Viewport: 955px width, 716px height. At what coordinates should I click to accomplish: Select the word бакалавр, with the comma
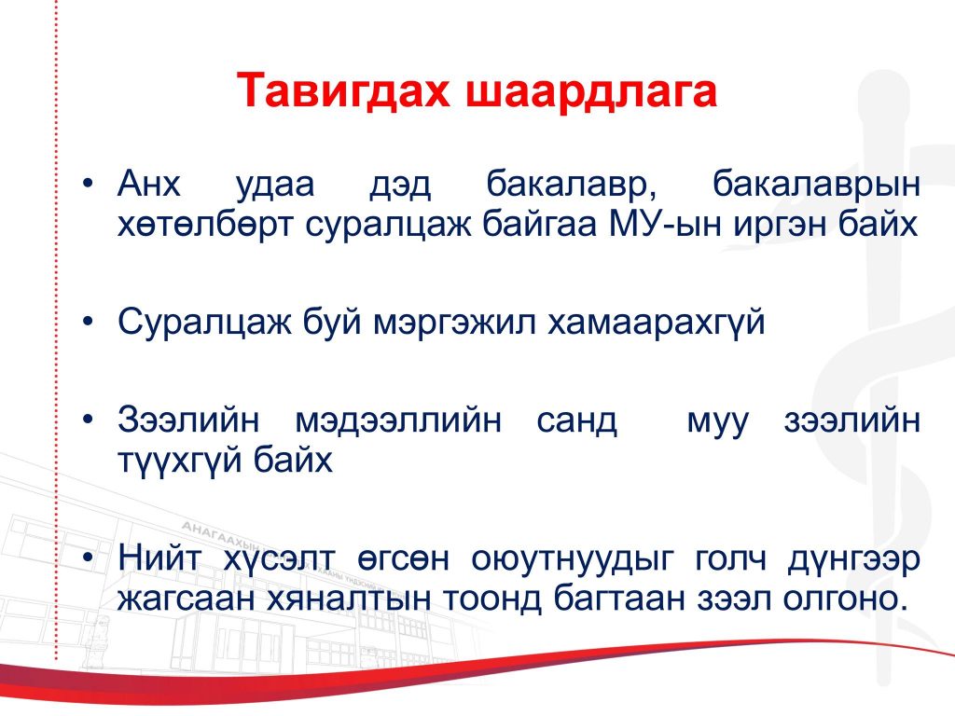pos(572,184)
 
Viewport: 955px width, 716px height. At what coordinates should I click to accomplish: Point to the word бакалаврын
pos(816,185)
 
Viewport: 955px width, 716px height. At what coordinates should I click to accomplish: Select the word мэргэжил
pos(454,324)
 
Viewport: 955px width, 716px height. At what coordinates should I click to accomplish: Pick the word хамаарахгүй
pos(656,324)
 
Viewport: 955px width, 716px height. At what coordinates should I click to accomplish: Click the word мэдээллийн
pos(398,421)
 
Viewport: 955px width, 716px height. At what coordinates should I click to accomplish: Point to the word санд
pos(576,421)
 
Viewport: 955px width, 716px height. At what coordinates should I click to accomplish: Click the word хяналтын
pos(350,599)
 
